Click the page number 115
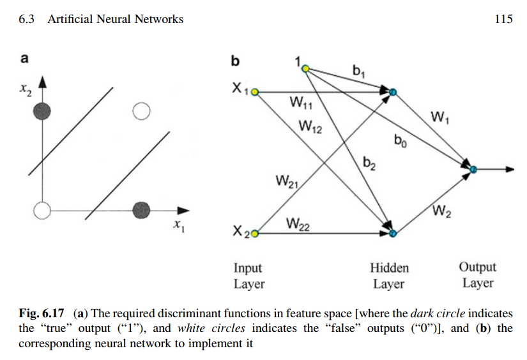(x=503, y=19)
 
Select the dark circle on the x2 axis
(x=42, y=112)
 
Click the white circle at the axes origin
(x=42, y=210)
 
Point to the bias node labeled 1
(x=305, y=68)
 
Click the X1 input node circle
(x=255, y=92)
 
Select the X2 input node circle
(x=255, y=234)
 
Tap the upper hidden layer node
(x=393, y=92)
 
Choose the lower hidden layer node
(x=393, y=234)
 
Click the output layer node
(x=473, y=169)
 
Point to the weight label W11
(x=301, y=102)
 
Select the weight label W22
(x=298, y=224)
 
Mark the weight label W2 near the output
(x=442, y=211)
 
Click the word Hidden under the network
(x=389, y=268)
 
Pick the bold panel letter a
(x=24, y=59)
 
